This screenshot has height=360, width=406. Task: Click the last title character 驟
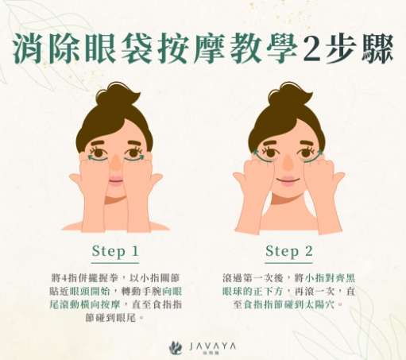click(x=377, y=48)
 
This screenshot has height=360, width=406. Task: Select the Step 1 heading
click(x=115, y=251)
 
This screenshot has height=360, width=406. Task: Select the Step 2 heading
click(x=289, y=251)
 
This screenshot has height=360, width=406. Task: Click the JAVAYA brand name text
click(x=213, y=346)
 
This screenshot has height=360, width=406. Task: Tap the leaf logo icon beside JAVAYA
click(x=176, y=347)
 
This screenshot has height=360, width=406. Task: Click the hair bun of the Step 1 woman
click(x=118, y=94)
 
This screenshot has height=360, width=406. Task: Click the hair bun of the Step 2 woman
click(x=290, y=94)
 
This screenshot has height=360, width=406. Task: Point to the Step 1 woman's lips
click(x=115, y=179)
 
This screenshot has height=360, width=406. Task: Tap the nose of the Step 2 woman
click(x=288, y=163)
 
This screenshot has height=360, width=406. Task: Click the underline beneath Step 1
click(x=115, y=263)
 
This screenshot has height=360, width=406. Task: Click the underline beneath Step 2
click(x=289, y=263)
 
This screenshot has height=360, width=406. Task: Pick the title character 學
click(x=282, y=48)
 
